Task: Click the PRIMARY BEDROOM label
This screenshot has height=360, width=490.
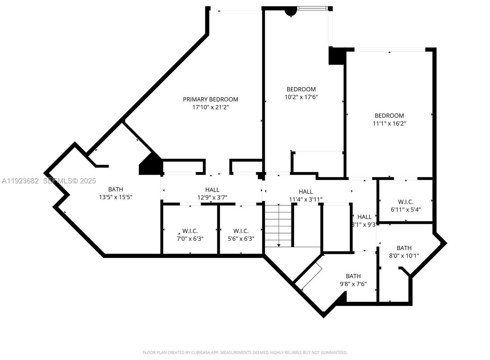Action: click(210, 99)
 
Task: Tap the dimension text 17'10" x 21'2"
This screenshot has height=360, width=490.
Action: click(210, 107)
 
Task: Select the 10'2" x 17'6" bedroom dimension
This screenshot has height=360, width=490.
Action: click(301, 97)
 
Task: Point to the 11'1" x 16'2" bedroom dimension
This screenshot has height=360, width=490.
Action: click(389, 124)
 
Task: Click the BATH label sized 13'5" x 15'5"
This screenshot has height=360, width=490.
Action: click(116, 190)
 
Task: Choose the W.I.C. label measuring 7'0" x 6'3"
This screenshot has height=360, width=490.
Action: click(190, 231)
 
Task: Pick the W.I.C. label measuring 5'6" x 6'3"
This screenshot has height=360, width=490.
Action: click(241, 231)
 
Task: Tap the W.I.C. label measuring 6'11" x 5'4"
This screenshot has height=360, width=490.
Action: click(406, 202)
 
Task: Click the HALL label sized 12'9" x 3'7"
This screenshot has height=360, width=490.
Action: click(212, 190)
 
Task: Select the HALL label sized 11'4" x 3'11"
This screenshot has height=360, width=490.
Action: click(306, 192)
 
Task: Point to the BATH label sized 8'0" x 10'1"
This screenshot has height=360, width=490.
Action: click(404, 248)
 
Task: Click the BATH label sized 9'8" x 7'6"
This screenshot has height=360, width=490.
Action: click(353, 276)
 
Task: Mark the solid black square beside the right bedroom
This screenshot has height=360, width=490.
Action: click(336, 56)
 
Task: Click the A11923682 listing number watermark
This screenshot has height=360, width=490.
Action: click(20, 181)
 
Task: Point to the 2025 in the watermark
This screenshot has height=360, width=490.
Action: click(88, 181)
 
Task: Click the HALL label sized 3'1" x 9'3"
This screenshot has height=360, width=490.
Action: click(364, 217)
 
